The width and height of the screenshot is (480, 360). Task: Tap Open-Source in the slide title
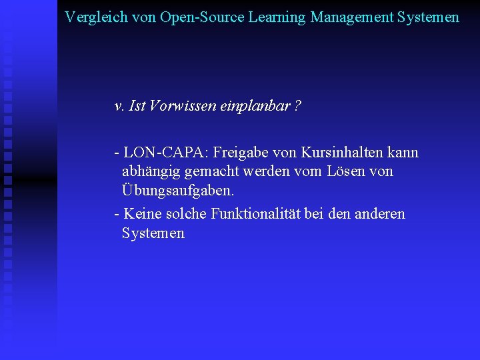(x=202, y=17)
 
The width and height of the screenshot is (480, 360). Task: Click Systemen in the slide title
(x=428, y=17)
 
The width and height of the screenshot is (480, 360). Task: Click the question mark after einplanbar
(x=297, y=105)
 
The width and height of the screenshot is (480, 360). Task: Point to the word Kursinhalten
(x=341, y=153)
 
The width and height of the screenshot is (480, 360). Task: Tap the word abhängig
(x=151, y=171)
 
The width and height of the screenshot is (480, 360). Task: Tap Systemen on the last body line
(x=153, y=233)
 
